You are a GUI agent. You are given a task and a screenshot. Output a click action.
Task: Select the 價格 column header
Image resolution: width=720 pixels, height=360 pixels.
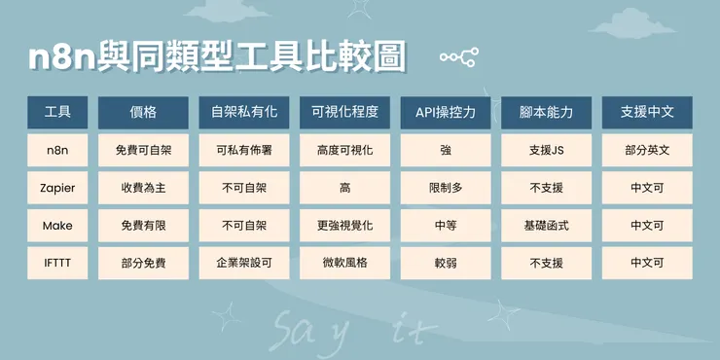click(x=143, y=113)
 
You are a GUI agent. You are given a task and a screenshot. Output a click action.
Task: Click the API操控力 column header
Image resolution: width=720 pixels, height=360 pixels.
click(x=446, y=113)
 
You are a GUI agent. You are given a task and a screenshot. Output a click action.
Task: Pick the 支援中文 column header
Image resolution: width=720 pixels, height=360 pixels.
click(x=646, y=113)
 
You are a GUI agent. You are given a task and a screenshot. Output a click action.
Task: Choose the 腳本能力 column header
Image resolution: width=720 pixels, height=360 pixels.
click(x=546, y=113)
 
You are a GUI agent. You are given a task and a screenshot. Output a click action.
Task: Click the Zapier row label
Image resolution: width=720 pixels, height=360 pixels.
click(x=57, y=187)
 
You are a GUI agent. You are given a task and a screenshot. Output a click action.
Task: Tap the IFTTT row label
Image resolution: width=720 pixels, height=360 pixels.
click(x=57, y=263)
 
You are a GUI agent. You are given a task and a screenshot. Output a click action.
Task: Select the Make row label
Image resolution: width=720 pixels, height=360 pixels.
click(x=57, y=225)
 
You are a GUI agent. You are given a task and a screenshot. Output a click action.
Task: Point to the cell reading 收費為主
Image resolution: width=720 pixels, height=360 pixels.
click(x=143, y=187)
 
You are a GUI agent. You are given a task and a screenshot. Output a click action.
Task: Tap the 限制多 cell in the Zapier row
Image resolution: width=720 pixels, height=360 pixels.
click(x=446, y=187)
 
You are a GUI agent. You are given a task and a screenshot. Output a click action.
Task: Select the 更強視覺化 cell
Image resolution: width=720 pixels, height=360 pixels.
click(x=344, y=225)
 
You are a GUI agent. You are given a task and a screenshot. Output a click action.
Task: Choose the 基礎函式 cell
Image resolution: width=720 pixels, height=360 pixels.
click(x=546, y=225)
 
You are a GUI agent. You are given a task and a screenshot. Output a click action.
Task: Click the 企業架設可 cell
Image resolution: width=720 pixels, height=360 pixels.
click(x=244, y=263)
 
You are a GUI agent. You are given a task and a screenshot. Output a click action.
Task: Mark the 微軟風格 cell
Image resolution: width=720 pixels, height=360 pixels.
click(x=344, y=263)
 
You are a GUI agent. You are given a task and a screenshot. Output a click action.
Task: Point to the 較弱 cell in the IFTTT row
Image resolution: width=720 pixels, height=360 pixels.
click(x=446, y=263)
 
